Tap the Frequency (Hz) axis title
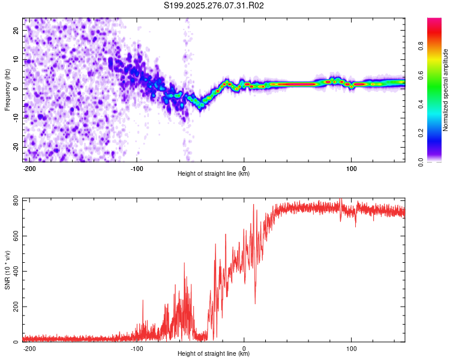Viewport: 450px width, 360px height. point(7,89)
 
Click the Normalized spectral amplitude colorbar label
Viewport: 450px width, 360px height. point(446,89)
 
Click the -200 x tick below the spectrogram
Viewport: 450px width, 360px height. point(29,168)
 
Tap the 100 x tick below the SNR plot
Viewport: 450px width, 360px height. point(351,348)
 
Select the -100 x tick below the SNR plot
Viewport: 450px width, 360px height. point(137,348)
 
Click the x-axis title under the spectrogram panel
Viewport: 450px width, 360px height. point(214,174)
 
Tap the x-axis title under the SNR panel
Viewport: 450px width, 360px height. point(214,354)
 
